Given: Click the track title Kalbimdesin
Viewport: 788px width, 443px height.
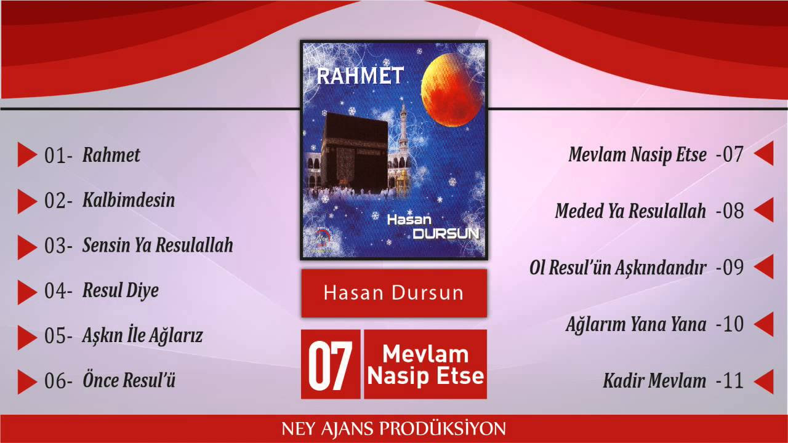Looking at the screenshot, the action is pos(129,200).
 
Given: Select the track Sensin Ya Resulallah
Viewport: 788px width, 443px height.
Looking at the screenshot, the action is pos(158,245).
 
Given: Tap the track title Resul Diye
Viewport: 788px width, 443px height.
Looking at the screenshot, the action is pos(120,291).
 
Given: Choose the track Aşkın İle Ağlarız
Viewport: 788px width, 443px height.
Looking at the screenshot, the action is pos(142,335).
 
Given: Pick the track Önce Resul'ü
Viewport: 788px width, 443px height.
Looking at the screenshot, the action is pos(129,380).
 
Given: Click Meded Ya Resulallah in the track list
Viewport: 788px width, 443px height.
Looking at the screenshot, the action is pos(630,210).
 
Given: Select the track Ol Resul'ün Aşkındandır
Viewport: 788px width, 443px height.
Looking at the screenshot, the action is pos(617,268).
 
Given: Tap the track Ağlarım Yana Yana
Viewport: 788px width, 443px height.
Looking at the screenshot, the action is pos(636,324).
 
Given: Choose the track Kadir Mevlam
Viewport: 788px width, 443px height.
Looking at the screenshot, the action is pos(654,380).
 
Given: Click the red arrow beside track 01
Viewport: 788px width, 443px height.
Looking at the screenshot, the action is pos(26,154).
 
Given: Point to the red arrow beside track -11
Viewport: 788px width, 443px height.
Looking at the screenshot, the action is pos(764,381).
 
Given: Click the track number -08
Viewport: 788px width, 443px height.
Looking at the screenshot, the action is pos(730,211).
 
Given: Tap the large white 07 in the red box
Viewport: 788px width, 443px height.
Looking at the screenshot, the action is pos(331,365).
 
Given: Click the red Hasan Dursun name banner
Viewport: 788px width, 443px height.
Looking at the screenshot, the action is pos(394,293).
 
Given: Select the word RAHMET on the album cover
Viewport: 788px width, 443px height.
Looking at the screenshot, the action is pos(360,76).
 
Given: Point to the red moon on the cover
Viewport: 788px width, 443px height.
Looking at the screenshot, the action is pos(451,90).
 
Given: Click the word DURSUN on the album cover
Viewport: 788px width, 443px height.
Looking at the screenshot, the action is pos(446,233).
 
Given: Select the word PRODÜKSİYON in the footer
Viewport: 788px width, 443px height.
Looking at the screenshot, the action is pos(442,429).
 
